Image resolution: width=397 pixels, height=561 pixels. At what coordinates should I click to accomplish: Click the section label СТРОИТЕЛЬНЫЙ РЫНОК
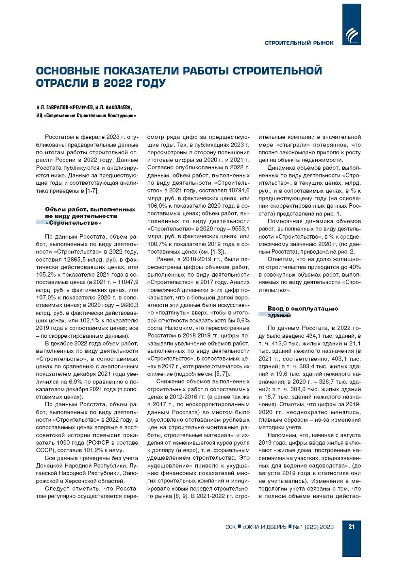299,43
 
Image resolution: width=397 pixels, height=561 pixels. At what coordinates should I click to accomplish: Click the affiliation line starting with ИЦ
86,116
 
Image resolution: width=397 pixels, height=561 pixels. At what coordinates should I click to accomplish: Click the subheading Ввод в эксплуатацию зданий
302,311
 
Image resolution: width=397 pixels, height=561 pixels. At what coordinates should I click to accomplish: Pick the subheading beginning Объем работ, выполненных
90,216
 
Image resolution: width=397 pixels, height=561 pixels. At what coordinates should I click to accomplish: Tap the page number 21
351,527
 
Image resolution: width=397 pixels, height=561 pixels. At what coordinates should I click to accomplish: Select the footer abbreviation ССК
230,527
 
